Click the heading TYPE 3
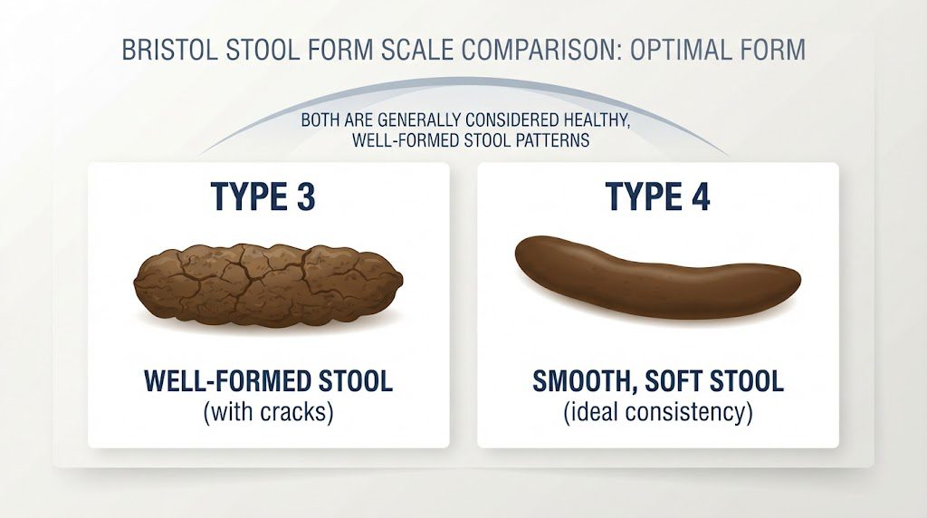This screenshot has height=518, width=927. click(263, 197)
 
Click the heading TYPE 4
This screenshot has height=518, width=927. click(657, 197)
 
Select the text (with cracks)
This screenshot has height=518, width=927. click(268, 412)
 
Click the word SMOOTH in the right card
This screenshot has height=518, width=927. click(586, 381)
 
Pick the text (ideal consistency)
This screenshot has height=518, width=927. click(658, 412)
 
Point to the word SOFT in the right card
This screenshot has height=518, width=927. click(674, 381)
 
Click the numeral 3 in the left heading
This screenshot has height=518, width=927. click(306, 197)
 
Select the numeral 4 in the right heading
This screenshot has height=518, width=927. click(700, 197)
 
